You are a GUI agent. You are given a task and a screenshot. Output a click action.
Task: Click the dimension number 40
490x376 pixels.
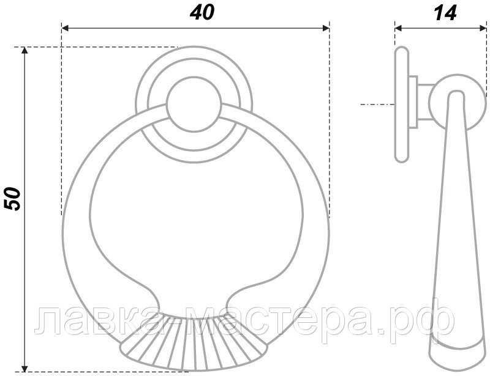click(x=202, y=13)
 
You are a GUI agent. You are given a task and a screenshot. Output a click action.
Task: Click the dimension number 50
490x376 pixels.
click(x=12, y=199)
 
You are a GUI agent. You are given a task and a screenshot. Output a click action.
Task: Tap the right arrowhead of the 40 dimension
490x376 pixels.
click(x=326, y=28)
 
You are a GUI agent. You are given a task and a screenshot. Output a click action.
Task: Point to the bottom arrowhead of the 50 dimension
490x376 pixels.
click(x=24, y=368)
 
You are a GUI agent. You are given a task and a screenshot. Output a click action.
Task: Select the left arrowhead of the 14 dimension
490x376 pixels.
click(x=398, y=28)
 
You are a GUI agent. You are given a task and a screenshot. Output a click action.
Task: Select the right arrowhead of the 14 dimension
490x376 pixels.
click(x=483, y=28)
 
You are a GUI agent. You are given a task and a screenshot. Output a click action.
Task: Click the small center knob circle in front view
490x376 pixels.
click(x=194, y=104)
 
